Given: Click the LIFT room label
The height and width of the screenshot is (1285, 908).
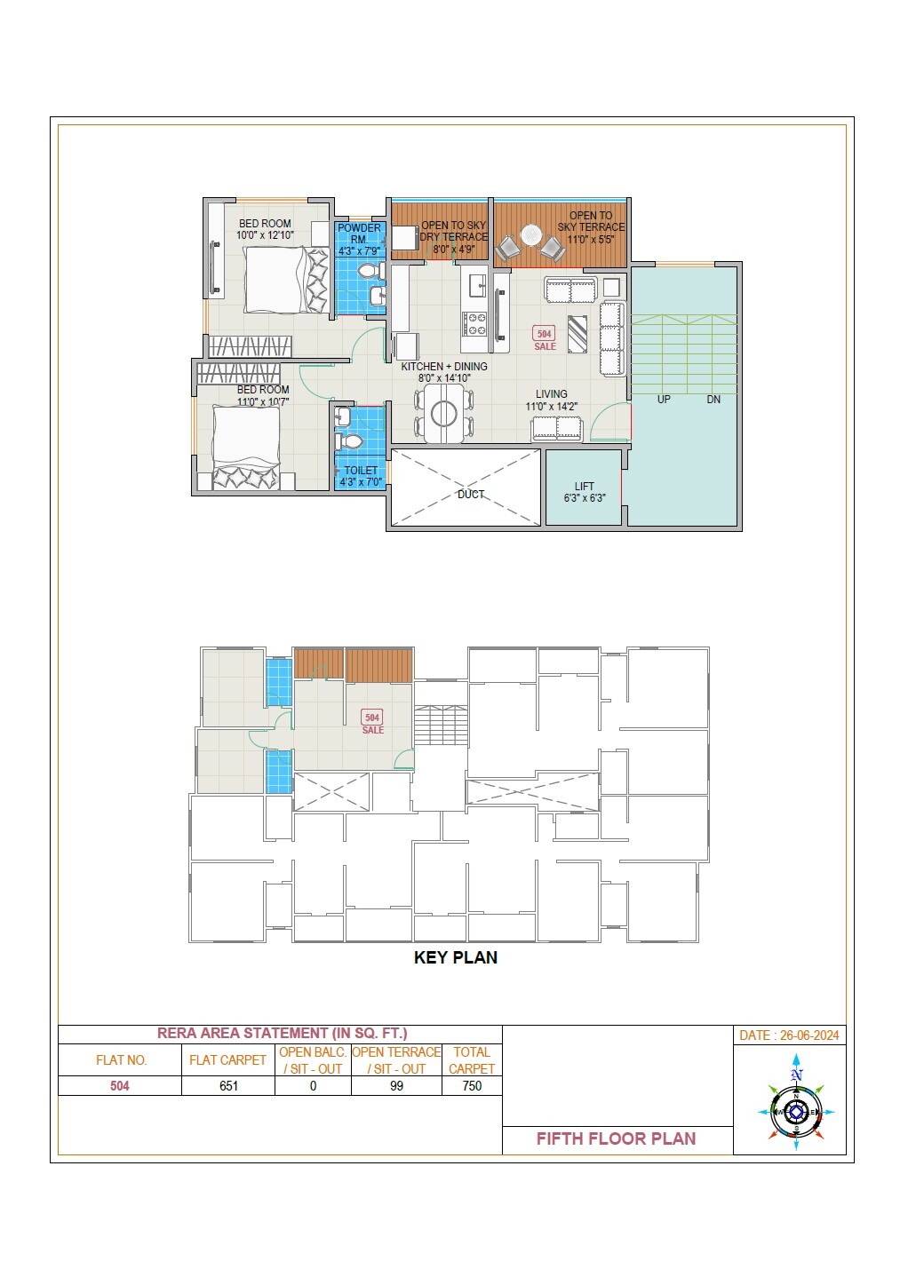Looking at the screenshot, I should click(584, 492).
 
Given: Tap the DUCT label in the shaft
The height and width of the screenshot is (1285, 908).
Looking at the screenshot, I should click(471, 495).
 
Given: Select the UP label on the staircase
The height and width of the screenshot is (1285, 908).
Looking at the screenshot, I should click(664, 400).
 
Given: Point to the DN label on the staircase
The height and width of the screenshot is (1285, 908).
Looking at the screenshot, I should click(713, 400).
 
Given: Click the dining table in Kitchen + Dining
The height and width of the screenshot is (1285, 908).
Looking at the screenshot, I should click(443, 413).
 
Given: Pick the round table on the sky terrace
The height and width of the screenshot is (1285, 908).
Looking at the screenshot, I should click(530, 235).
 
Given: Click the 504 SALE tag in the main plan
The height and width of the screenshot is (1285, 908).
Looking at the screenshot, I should click(545, 338).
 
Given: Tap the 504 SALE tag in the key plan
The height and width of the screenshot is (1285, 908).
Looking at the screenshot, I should click(372, 722).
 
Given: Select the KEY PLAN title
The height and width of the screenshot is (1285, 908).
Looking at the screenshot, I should click(455, 957).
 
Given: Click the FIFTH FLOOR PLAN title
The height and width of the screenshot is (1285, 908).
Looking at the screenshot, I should click(616, 1138).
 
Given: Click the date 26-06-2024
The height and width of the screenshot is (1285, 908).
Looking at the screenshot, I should click(789, 1035).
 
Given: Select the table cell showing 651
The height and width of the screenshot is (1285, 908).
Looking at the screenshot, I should click(228, 1086).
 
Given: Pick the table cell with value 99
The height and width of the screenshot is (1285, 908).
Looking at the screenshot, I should click(396, 1086).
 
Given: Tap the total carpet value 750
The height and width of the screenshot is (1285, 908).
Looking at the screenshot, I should click(472, 1086).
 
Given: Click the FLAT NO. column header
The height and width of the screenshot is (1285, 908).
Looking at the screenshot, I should click(121, 1060).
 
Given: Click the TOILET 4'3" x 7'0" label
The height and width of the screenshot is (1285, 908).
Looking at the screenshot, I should click(361, 476).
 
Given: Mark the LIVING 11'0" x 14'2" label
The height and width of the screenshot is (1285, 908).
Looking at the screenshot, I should click(551, 400).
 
